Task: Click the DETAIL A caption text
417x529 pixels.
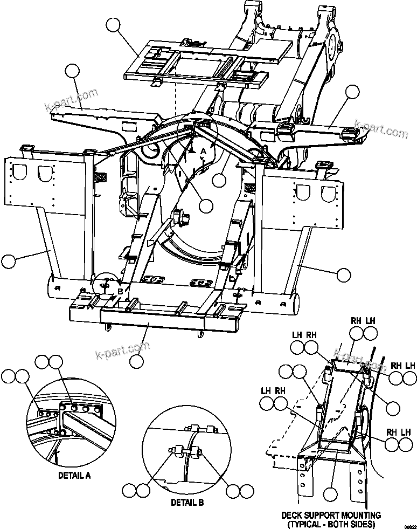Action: coord(74,476)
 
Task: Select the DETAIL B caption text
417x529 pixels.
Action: coord(187,502)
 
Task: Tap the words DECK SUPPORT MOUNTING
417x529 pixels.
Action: coord(331,516)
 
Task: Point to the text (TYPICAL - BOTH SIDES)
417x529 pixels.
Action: coord(331,524)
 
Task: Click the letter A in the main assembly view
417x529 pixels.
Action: coord(203,152)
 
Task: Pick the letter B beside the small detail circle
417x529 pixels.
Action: coord(120,291)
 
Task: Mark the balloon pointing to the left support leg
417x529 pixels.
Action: coord(9,262)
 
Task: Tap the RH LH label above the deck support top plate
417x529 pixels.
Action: coord(362,320)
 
